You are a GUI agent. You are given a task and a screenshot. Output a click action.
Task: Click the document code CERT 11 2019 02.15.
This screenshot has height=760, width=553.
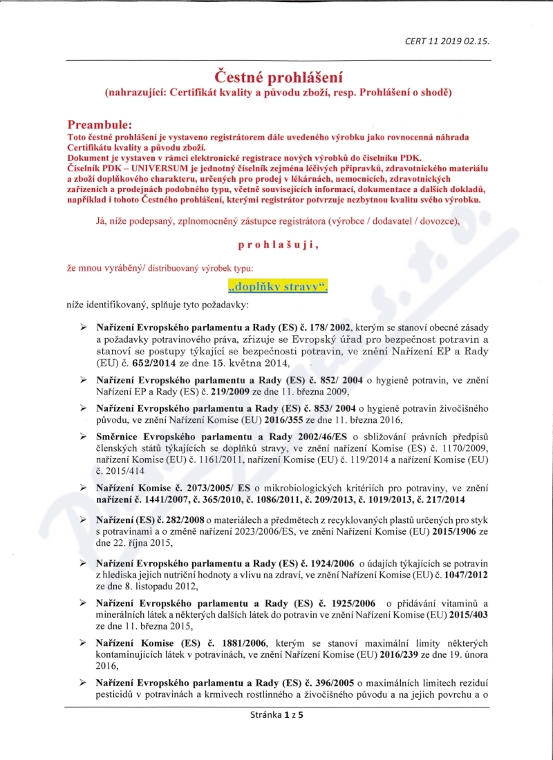[x=447, y=41]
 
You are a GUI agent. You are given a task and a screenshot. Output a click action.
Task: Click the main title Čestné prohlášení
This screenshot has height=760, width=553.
[x=276, y=75]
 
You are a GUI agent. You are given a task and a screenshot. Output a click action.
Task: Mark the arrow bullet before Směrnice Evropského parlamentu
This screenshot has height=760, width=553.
[x=83, y=437]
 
